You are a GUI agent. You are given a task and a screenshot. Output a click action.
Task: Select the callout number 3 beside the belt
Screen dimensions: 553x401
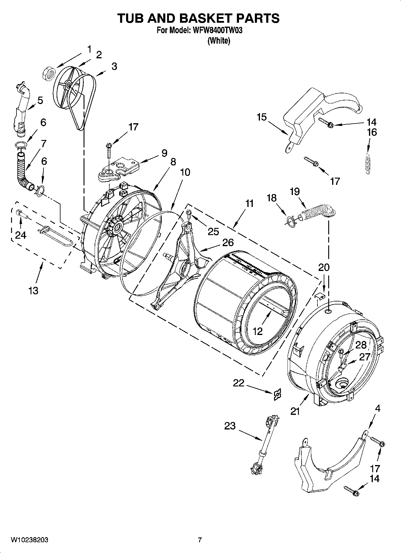[114, 66]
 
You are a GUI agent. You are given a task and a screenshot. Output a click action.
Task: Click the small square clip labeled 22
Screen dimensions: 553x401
[278, 395]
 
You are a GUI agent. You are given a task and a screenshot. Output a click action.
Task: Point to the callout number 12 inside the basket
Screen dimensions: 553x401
[258, 331]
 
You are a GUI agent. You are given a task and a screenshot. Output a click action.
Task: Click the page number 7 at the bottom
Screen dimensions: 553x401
[200, 540]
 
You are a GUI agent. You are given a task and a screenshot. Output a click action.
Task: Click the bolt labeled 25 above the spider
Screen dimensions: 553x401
[189, 213]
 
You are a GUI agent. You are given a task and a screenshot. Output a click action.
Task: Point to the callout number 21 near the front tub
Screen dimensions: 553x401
[295, 412]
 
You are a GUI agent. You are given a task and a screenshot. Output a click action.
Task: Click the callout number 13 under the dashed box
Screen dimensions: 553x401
[34, 290]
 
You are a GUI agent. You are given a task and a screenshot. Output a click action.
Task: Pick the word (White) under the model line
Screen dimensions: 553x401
[219, 41]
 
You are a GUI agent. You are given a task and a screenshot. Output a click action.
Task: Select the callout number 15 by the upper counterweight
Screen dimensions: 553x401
[261, 117]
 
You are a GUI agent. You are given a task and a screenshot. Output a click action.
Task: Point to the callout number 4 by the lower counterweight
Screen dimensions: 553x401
[378, 408]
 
